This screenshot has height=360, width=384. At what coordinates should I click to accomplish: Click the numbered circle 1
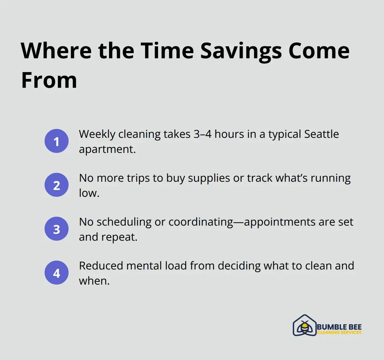(x=57, y=141)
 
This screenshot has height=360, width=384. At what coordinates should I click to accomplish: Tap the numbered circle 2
(x=57, y=185)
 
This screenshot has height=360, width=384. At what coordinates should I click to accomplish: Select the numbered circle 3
(x=57, y=229)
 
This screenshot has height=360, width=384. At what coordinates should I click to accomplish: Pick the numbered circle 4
(x=57, y=273)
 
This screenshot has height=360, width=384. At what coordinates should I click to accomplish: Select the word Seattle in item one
(x=322, y=134)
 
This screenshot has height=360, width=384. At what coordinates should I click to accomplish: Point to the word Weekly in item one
(x=97, y=134)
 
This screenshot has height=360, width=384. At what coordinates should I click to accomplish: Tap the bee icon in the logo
(x=304, y=326)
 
